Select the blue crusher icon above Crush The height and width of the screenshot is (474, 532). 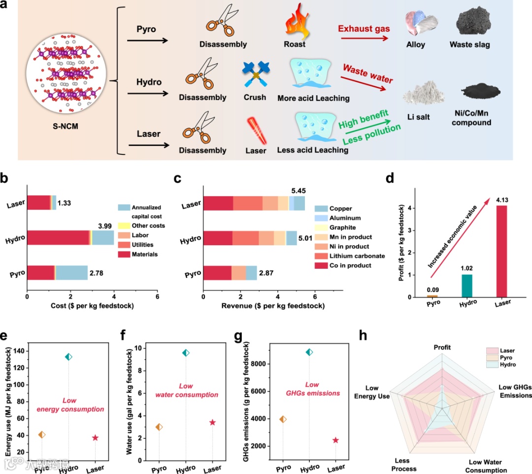click(x=255, y=74)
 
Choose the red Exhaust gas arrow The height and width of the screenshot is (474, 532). click(x=363, y=36)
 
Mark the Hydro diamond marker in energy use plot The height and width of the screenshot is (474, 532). click(x=68, y=357)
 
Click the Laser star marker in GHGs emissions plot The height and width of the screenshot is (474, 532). click(x=336, y=440)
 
